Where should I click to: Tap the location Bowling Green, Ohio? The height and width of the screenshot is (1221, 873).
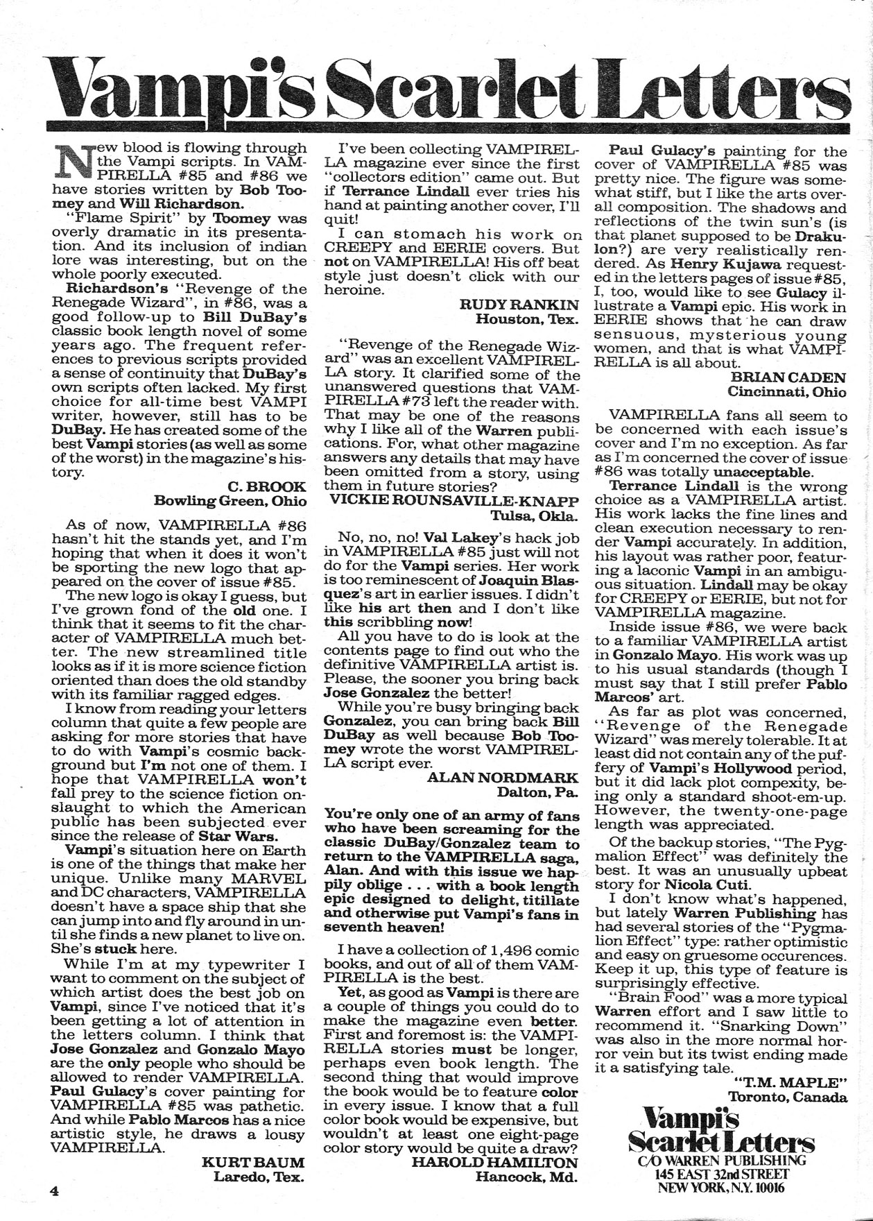point(229,501)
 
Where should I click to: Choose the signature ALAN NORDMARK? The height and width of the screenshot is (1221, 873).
point(503,777)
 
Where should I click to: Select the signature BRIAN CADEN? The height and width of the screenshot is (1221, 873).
point(788,377)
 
